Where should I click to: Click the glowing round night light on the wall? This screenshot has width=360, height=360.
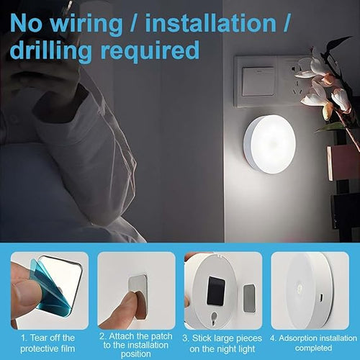click(x=269, y=145)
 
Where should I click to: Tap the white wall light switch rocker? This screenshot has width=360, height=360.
click(x=258, y=81)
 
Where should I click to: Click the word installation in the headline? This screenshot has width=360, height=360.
click(x=211, y=23)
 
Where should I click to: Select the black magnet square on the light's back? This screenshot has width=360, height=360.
click(x=216, y=291)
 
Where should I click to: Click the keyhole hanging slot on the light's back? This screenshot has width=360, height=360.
click(x=214, y=318)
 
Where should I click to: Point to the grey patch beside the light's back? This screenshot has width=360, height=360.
click(x=249, y=298)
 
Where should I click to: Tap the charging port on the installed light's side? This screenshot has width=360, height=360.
click(x=322, y=298)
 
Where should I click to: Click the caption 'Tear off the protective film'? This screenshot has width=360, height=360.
click(x=48, y=343)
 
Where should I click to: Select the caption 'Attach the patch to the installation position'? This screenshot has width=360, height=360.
click(x=136, y=345)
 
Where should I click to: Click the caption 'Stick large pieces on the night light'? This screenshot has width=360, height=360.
click(x=222, y=343)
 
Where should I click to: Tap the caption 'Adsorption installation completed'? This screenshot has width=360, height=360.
click(x=313, y=343)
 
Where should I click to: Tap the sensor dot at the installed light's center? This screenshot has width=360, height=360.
click(x=300, y=287)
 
